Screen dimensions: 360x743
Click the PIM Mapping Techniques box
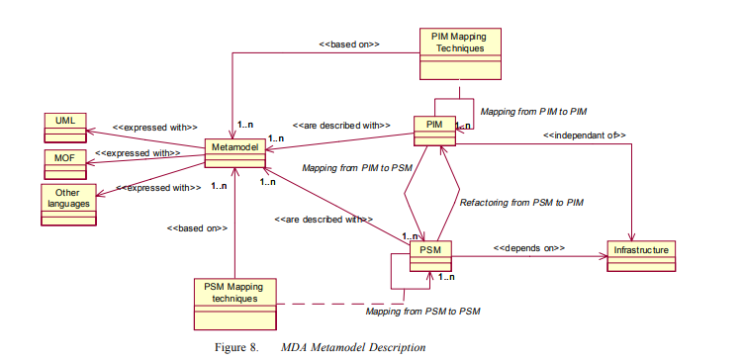click(460, 51)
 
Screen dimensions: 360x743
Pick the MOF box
click(64, 160)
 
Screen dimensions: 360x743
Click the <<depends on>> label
click(529, 247)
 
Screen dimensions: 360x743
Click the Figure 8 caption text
click(329, 347)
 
